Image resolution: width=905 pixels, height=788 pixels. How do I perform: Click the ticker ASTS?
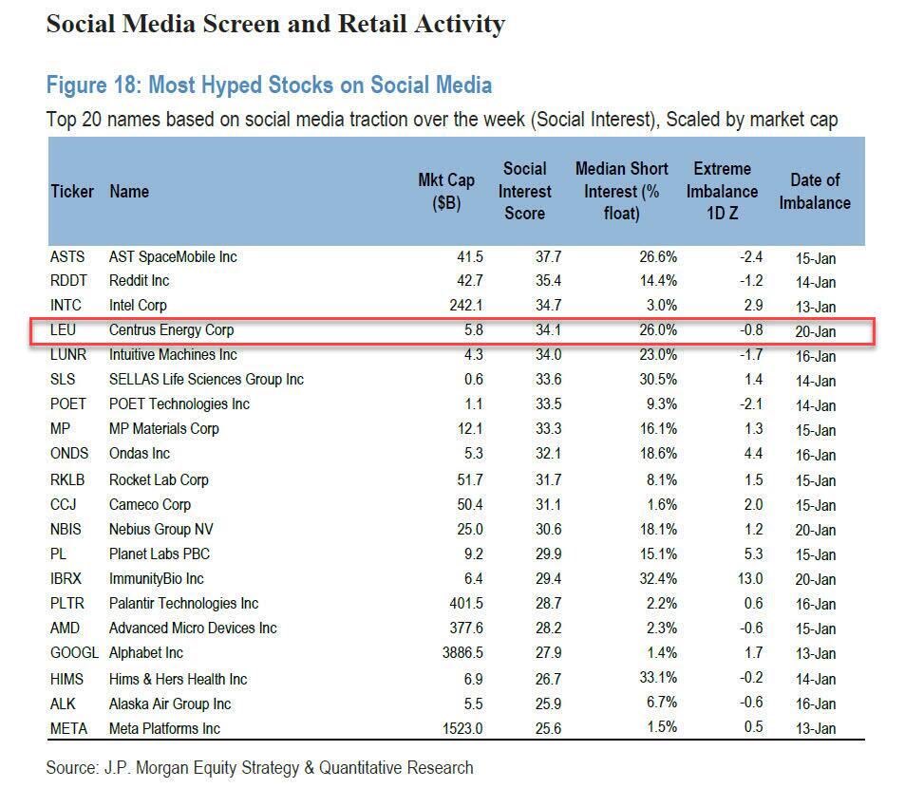(x=67, y=256)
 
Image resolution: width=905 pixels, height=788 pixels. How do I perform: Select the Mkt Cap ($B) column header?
(x=446, y=191)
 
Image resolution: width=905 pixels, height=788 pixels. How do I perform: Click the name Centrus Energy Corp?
(x=171, y=330)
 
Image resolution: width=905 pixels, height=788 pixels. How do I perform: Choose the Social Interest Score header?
(x=524, y=191)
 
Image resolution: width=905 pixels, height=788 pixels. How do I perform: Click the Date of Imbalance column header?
(x=815, y=191)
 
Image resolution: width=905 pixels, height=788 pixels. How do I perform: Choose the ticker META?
(x=69, y=728)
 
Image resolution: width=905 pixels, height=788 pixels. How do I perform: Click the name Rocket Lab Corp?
(x=159, y=479)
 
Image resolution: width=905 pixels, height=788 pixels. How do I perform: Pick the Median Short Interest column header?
(x=622, y=191)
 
